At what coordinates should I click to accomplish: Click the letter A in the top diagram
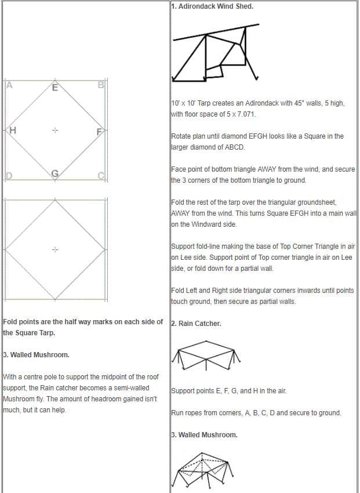coord(9,85)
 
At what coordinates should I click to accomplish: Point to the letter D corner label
coord(9,176)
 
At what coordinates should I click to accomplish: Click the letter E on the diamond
coord(55,88)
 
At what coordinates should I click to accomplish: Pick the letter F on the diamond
coord(99,130)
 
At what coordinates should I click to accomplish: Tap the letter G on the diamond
coord(55,173)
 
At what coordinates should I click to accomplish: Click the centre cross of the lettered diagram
coord(55,130)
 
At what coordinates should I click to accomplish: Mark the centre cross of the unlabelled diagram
coord(55,250)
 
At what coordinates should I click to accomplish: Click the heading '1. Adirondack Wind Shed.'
coord(212,7)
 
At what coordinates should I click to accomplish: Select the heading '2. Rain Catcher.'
coord(197,323)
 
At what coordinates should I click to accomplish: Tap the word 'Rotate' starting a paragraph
coord(182,136)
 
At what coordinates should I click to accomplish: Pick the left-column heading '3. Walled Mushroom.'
coord(36,354)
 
